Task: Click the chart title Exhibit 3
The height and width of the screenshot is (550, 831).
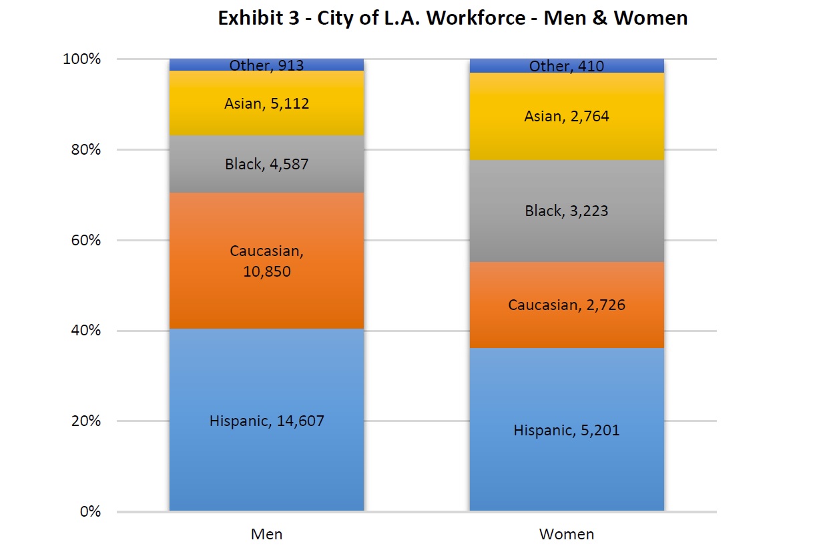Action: [453, 18]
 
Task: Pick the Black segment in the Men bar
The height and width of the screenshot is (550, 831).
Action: [266, 180]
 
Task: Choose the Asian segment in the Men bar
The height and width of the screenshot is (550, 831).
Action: [266, 120]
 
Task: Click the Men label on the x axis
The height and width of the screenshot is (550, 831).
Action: [266, 534]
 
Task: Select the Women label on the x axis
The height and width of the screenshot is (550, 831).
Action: [567, 534]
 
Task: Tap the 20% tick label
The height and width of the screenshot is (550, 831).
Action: [86, 421]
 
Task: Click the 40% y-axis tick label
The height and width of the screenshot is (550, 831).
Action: [86, 331]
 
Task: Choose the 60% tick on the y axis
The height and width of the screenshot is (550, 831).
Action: [86, 240]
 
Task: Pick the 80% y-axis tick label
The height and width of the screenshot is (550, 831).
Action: [86, 149]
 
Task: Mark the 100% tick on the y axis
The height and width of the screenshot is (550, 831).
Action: [83, 59]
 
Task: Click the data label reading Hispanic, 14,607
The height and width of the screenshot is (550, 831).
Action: [266, 421]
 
